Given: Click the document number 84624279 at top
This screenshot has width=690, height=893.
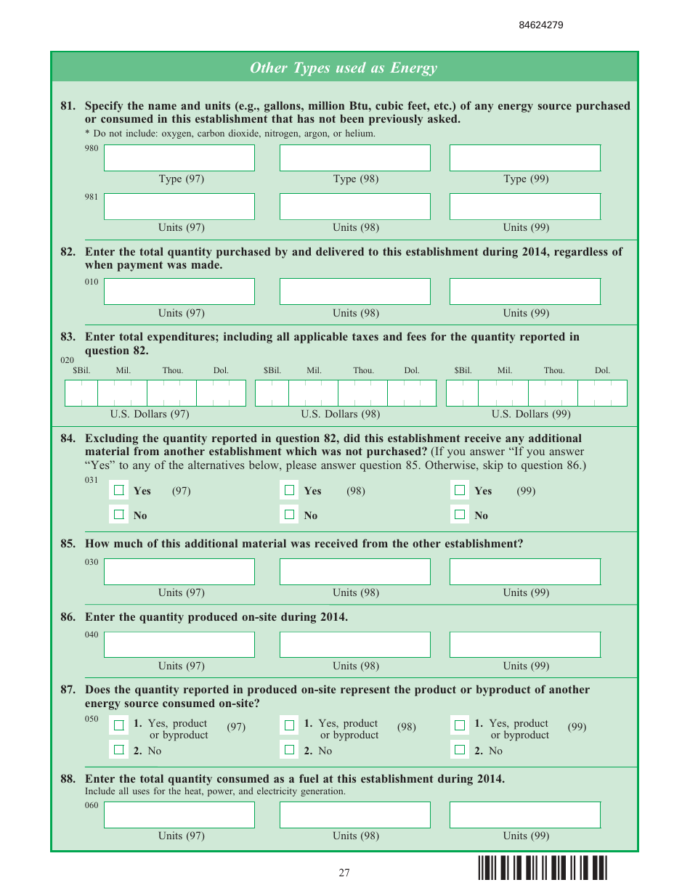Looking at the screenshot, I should [541, 25].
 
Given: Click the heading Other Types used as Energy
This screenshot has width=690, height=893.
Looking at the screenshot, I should [344, 68].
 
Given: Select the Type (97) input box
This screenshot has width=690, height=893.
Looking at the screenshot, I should [179, 158].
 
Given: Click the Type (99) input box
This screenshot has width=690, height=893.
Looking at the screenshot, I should [524, 158].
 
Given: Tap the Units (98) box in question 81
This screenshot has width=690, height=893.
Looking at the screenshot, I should [354, 206].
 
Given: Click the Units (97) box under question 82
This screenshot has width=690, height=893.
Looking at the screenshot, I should [179, 292].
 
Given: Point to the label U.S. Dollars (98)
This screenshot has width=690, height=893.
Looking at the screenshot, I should [341, 415].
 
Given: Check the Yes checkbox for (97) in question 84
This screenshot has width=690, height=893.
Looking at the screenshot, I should [119, 491].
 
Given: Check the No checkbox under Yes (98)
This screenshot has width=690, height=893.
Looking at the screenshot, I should [290, 515].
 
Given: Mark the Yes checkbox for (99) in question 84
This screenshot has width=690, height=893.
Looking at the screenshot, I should [460, 491].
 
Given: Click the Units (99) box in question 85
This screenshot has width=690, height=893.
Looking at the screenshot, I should [524, 571].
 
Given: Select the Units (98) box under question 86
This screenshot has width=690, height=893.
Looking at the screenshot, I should [354, 645].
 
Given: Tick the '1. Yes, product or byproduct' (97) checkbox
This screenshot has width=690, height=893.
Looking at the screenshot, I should [119, 725].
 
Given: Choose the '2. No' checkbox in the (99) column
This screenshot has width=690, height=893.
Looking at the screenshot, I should [460, 750].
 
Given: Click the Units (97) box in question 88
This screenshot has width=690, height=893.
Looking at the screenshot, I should [179, 815].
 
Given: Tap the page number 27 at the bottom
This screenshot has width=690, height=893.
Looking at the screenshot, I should [344, 873].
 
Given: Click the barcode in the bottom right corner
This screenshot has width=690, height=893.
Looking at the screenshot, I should [542, 869].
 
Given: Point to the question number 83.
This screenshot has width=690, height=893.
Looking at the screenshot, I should [68, 337].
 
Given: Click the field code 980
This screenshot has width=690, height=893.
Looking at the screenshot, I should [92, 149].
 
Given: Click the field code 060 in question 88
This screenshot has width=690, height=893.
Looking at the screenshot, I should [92, 805].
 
